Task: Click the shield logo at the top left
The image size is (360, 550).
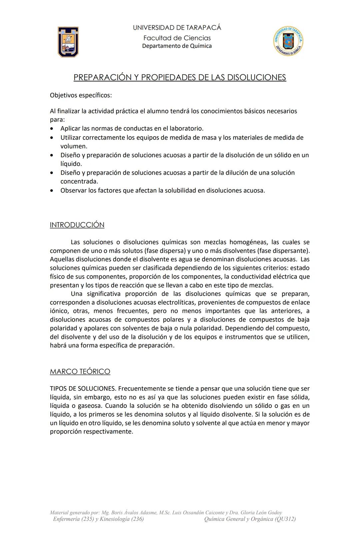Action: click(68, 42)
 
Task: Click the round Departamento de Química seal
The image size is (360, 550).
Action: click(288, 41)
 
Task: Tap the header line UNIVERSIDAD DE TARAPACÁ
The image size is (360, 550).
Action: click(177, 28)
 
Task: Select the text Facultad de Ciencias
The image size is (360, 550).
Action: click(177, 38)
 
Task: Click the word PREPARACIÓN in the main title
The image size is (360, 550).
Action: click(102, 77)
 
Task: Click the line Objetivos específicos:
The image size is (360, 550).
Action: click(81, 95)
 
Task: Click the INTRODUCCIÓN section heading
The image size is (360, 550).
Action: click(77, 225)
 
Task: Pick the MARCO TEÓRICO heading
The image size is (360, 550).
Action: click(80, 372)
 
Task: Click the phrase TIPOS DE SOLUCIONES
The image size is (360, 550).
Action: click(83, 389)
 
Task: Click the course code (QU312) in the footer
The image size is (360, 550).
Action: click(285, 519)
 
